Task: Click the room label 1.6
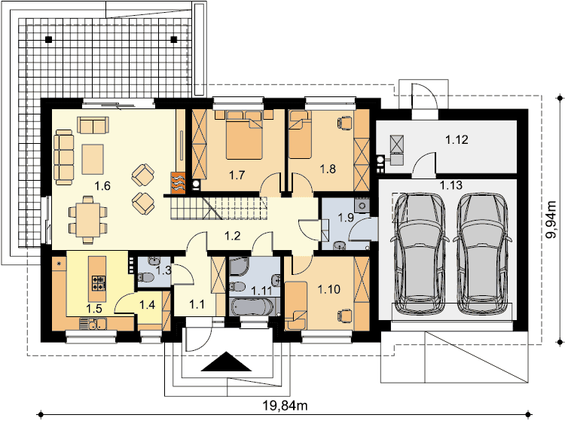102,186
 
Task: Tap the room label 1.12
457,139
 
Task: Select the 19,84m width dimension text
285,406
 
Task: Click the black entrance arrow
226,362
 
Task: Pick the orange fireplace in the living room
178,183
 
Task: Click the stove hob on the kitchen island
99,282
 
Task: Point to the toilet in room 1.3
145,278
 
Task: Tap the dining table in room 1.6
87,220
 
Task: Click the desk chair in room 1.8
344,123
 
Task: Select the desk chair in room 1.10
344,315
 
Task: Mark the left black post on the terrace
49,39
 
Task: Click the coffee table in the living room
93,159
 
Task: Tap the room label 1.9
346,218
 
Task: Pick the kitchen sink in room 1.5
93,324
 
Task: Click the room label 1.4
148,305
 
